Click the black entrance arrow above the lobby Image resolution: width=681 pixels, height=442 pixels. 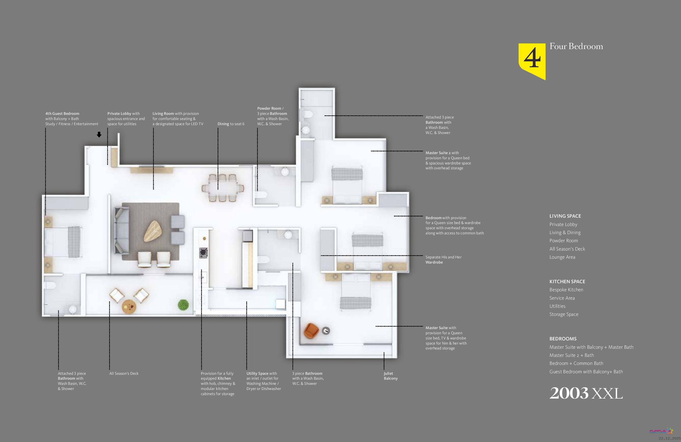(x=99, y=134)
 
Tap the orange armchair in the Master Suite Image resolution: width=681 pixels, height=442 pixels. (x=311, y=331)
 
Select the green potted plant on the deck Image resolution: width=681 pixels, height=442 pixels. (x=183, y=305)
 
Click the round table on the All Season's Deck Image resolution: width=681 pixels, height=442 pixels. (x=129, y=307)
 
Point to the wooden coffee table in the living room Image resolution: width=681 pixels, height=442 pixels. (x=153, y=231)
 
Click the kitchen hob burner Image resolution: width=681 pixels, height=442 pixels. (x=203, y=253)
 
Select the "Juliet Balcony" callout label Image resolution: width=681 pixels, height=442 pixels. (x=391, y=376)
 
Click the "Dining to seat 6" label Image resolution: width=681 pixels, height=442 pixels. (x=231, y=124)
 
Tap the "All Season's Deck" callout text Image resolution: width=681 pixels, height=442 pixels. (x=124, y=374)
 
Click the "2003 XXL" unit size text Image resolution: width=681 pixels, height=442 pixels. (x=586, y=393)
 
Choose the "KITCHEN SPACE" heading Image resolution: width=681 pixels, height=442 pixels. (x=567, y=282)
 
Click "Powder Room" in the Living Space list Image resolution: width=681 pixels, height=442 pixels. (x=564, y=241)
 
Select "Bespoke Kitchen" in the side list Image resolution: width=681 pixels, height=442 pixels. (x=566, y=290)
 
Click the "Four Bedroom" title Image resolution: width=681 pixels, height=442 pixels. (x=576, y=46)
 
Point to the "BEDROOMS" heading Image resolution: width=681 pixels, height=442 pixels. (x=563, y=339)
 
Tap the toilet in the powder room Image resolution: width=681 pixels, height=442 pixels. (x=262, y=195)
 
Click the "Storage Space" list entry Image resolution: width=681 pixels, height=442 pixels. (x=564, y=314)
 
